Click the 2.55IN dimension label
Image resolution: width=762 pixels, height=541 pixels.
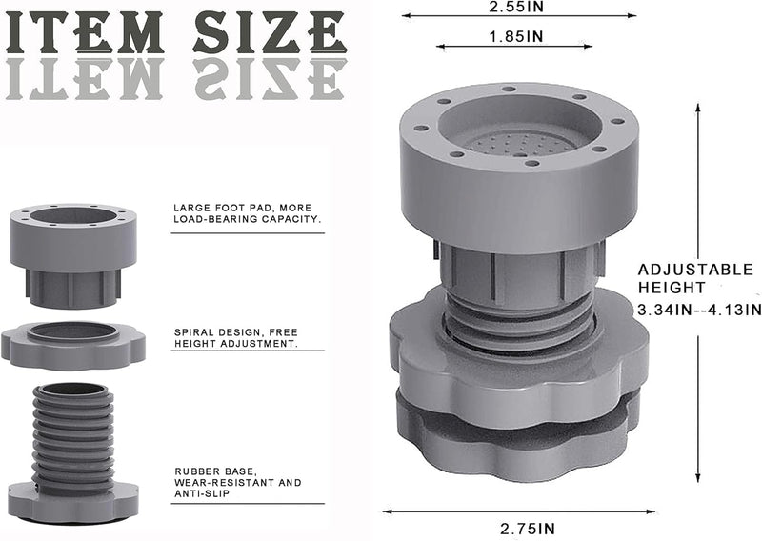point(516,7)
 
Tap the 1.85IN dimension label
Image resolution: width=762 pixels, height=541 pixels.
point(516,36)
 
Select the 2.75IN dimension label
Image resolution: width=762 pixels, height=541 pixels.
point(528,529)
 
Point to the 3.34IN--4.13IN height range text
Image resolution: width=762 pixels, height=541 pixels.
point(699,310)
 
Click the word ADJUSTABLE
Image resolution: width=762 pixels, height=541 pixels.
point(695,270)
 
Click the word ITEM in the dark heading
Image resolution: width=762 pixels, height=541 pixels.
point(84,32)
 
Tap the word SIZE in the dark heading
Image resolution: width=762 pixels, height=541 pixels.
point(270,32)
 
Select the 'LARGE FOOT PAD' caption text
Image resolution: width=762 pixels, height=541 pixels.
point(248,213)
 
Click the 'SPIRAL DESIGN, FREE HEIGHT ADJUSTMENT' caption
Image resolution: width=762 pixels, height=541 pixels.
point(236,338)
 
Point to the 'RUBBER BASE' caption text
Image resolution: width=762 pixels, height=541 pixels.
point(237,482)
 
